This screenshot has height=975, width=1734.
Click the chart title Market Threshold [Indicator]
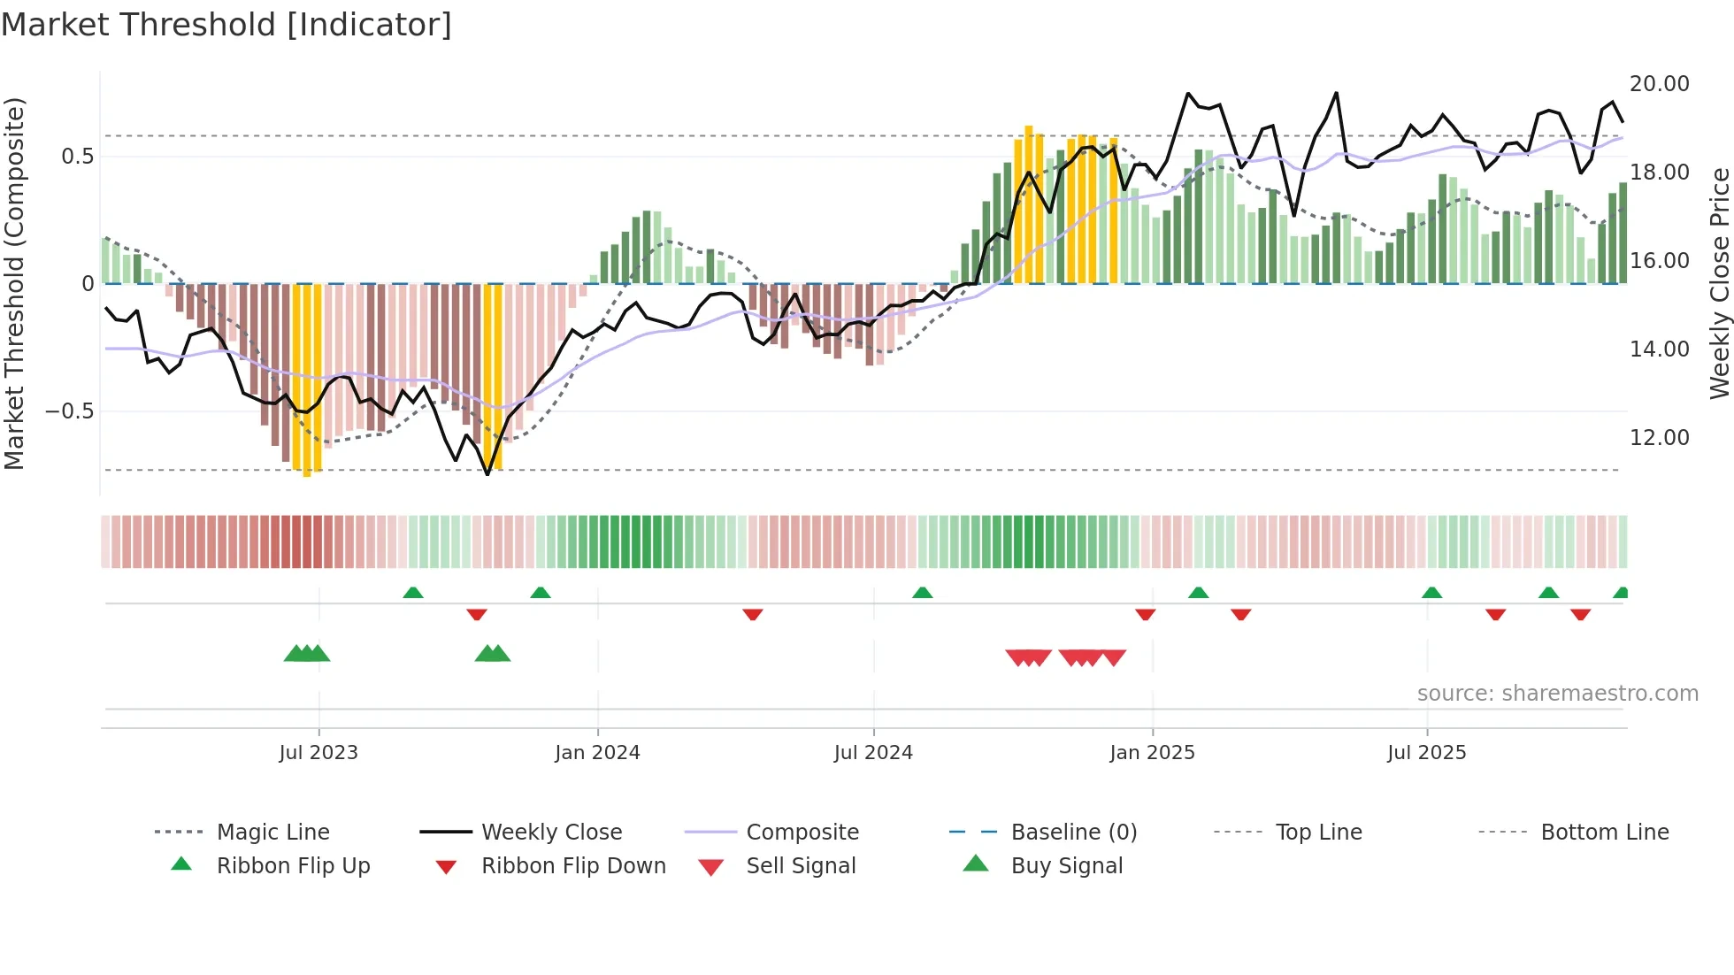226,25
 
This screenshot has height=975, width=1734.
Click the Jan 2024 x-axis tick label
597,752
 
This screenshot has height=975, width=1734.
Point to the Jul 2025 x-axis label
1426,752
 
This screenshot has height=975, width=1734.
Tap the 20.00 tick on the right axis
1659,84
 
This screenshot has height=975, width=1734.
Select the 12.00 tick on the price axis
1659,438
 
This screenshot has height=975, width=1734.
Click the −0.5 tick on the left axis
69,411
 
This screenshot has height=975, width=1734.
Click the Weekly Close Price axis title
1718,283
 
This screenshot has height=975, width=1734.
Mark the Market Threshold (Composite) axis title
14,283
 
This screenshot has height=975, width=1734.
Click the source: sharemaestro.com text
1557,693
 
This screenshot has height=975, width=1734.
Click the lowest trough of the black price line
487,474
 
